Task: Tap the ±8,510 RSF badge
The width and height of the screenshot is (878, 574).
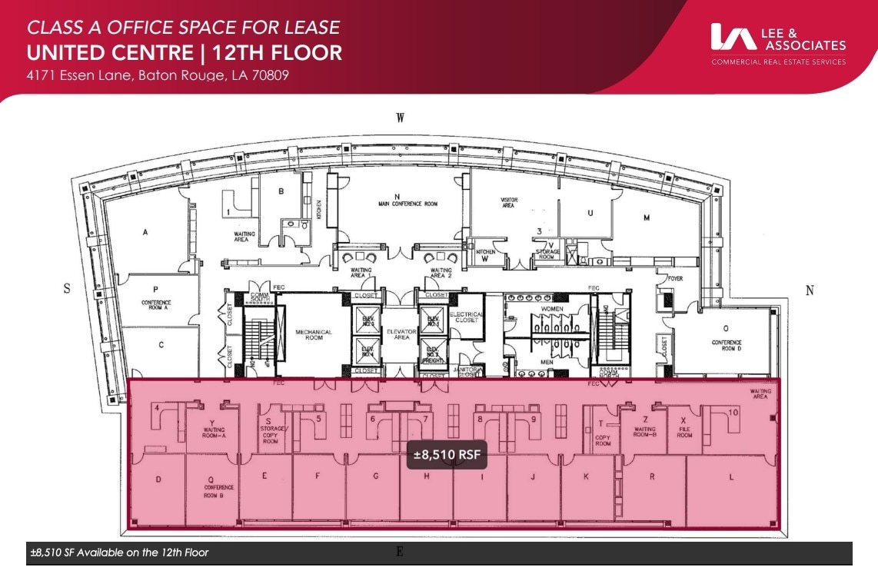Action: [x=447, y=455]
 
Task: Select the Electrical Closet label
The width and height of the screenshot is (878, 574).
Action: [x=467, y=317]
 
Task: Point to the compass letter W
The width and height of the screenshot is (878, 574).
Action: [x=400, y=118]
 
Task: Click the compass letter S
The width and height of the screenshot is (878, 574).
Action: [x=67, y=289]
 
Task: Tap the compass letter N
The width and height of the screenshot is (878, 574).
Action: [x=809, y=290]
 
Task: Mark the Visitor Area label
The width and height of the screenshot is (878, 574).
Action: [x=508, y=203]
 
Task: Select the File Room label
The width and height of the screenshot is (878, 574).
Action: [x=685, y=432]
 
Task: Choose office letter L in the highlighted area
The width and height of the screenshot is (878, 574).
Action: [x=731, y=477]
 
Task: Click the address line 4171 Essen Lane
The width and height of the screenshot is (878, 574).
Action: [x=158, y=76]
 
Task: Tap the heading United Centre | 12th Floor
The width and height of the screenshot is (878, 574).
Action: [x=184, y=52]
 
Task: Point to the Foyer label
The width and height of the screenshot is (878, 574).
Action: [x=675, y=279]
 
